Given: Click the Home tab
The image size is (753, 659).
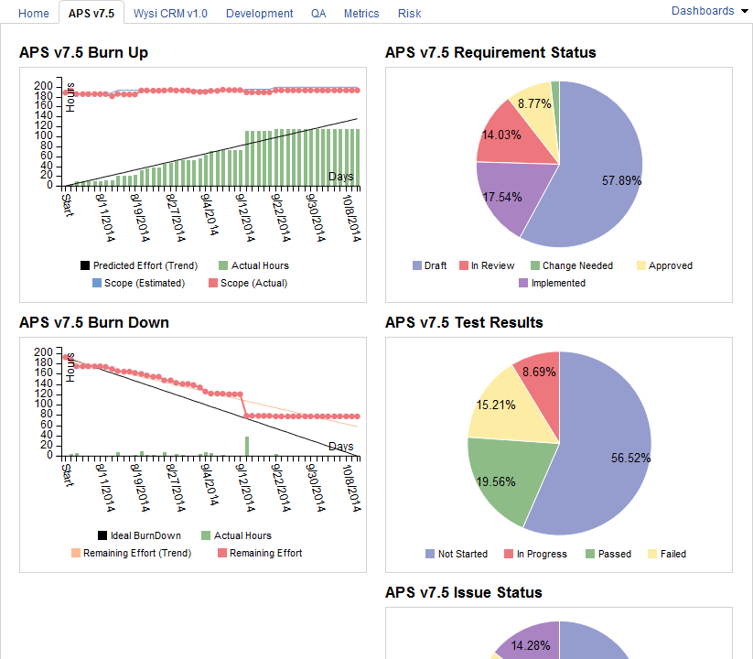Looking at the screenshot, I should coord(34,14).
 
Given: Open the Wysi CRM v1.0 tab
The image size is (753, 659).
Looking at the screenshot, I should coord(170,14).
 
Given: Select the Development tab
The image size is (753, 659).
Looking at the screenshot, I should coord(259,14).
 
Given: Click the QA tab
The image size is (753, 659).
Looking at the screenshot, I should coord(318,14).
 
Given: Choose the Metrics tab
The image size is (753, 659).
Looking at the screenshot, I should coord(361,14).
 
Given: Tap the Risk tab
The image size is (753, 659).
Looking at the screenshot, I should coord(410,14).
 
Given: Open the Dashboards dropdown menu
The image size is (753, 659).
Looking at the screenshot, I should coord(709,11).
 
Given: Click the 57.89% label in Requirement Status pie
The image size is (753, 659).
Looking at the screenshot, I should coord(621,181).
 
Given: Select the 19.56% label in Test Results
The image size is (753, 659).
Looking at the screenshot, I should coord(496,481).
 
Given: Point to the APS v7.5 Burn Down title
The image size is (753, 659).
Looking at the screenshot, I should coord(94,322).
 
